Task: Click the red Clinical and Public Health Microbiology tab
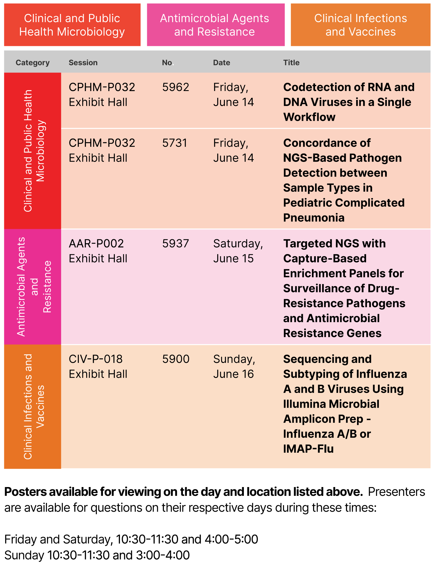click(x=72, y=25)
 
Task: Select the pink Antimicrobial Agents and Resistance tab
click(x=216, y=25)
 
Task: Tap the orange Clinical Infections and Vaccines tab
click(x=360, y=25)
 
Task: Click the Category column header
click(x=33, y=63)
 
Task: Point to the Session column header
click(x=83, y=63)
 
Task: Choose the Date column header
click(x=221, y=63)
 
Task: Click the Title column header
click(x=291, y=63)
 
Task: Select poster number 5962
click(x=176, y=87)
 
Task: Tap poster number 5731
click(x=175, y=143)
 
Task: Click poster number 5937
click(x=176, y=244)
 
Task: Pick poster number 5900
click(x=176, y=359)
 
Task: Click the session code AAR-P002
click(x=96, y=244)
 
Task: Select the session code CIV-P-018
click(x=96, y=359)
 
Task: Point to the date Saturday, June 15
click(x=238, y=251)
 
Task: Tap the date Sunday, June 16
click(x=234, y=367)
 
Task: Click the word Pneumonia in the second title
click(x=314, y=218)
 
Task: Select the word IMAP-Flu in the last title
click(x=308, y=449)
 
